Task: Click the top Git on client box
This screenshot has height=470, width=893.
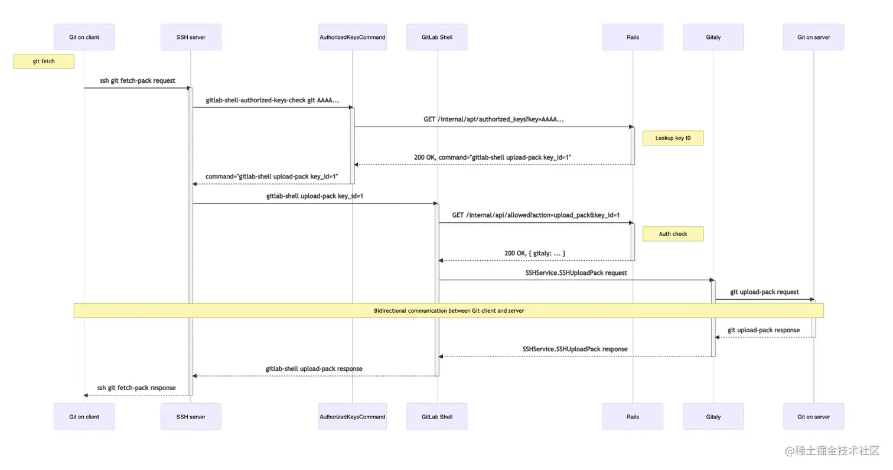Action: [x=84, y=37]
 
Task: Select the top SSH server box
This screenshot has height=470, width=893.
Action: [x=191, y=37]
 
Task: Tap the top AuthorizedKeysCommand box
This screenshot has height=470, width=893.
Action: [x=352, y=37]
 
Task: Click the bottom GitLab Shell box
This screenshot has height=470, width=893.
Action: [x=437, y=417]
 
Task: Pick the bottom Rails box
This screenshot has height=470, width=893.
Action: [x=633, y=417]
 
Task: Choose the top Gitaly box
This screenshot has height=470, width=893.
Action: [x=713, y=37]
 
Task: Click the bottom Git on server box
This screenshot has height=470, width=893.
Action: [x=813, y=417]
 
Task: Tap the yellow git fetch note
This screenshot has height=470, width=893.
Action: [x=44, y=61]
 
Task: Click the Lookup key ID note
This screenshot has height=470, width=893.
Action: [x=673, y=138]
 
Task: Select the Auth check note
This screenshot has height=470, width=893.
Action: [x=673, y=234]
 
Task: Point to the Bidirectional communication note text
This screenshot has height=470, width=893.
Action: [x=449, y=311]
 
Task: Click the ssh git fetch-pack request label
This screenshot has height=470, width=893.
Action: [x=137, y=81]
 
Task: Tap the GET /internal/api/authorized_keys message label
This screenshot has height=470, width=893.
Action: [x=493, y=119]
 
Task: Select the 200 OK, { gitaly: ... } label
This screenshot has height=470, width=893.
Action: [x=535, y=253]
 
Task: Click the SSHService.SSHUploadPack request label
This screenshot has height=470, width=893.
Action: [x=576, y=273]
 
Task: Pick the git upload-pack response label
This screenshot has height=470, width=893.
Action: [x=764, y=330]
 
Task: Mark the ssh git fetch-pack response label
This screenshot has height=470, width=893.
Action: [x=136, y=388]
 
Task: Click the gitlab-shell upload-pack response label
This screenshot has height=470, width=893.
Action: [x=314, y=369]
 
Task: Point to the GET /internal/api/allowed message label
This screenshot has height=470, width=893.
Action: [x=536, y=215]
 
